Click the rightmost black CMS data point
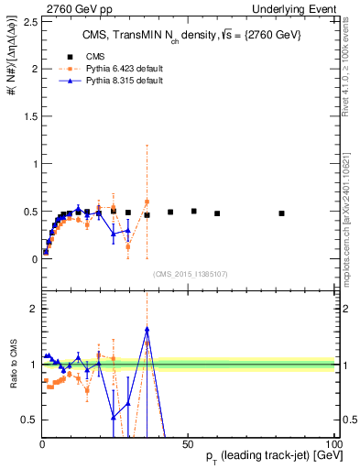(281, 213)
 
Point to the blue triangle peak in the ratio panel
(147, 330)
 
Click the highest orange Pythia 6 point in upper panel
(147, 202)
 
